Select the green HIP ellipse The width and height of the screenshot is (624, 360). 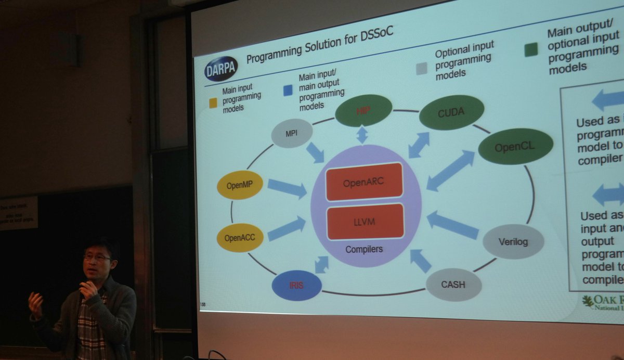[x=363, y=110]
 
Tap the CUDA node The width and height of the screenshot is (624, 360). [x=451, y=112]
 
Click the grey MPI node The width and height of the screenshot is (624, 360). [x=292, y=133]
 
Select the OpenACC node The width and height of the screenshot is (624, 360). [x=240, y=237]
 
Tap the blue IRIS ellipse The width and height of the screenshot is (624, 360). [x=296, y=286]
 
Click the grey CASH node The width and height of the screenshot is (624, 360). [x=453, y=285]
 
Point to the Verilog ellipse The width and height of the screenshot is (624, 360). [x=513, y=241]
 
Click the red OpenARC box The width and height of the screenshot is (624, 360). [x=365, y=182]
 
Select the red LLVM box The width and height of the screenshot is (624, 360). [x=366, y=222]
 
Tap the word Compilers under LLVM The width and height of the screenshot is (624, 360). [x=364, y=249]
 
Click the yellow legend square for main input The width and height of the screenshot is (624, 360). [x=213, y=103]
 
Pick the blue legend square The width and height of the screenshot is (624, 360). [x=288, y=90]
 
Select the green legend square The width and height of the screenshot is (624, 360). [x=530, y=50]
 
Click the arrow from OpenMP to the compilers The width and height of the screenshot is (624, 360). [x=287, y=188]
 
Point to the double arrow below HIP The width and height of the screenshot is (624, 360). [x=362, y=135]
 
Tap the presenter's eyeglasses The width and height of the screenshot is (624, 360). [x=97, y=257]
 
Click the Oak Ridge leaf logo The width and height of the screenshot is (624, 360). [x=588, y=301]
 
